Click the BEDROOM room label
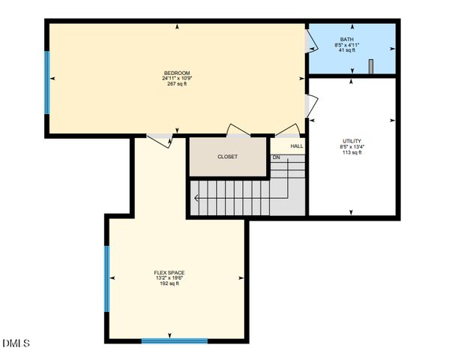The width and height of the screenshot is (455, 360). pos(177,73)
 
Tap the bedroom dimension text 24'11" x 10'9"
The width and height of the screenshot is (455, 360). pos(177,78)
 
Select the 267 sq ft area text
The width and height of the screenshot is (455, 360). pos(177,83)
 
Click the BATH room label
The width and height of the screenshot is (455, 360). pos(347,40)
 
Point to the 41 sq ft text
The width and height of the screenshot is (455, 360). pos(347,50)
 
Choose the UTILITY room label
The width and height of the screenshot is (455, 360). pos(352,141)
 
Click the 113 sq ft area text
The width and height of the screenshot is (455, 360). pos(352,152)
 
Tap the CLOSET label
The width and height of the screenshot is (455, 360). pos(227,157)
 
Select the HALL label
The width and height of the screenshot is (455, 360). pos(297,146)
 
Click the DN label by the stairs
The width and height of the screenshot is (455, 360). pos(276,157)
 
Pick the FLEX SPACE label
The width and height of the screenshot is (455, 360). pos(169,272)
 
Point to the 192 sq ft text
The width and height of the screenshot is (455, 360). pos(169,283)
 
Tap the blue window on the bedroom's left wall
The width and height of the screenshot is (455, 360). pos(47,82)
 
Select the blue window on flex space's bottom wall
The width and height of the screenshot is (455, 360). pos(175,341)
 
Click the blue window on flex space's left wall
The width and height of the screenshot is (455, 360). pos(107,279)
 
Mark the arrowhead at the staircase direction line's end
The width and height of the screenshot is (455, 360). pos(196,199)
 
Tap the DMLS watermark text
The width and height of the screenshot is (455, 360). pos(16,343)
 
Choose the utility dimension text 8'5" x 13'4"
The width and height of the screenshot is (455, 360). pos(352,147)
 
